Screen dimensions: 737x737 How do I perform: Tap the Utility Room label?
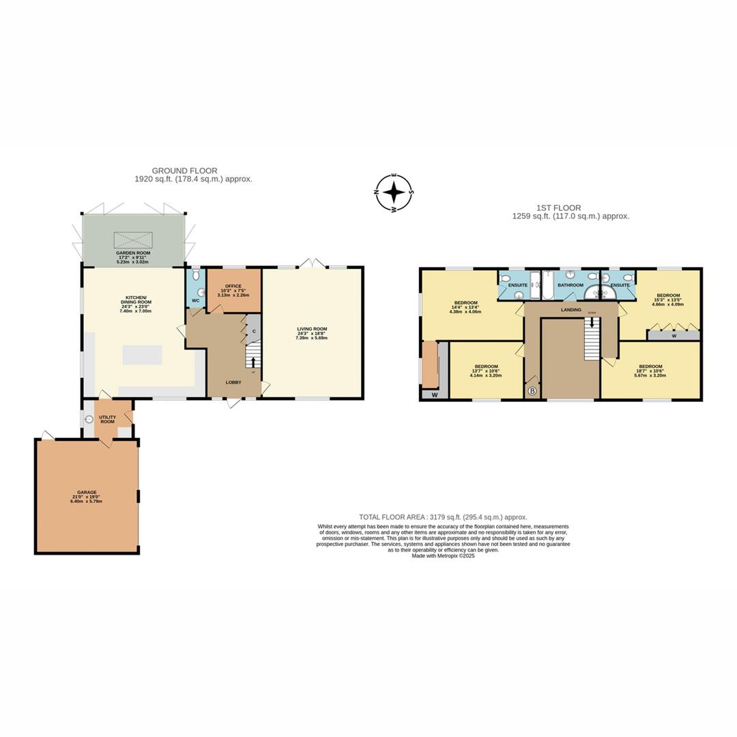[107, 419]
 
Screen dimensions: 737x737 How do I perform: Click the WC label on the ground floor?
[195, 300]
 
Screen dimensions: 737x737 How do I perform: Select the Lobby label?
[233, 382]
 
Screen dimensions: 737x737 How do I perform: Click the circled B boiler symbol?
[532, 391]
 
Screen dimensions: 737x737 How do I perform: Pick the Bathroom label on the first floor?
[570, 285]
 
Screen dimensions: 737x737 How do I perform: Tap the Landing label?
[570, 310]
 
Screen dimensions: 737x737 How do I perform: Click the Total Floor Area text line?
[443, 517]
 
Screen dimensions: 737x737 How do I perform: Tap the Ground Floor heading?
[184, 171]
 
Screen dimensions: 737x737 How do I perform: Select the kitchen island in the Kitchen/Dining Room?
[142, 355]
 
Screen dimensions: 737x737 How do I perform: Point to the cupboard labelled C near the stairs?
[253, 332]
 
